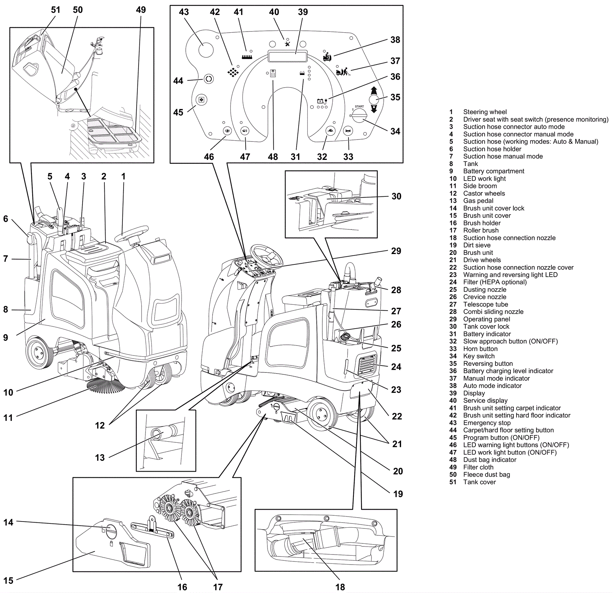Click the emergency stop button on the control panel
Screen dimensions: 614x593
tap(206, 50)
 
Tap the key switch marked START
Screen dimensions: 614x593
tap(359, 115)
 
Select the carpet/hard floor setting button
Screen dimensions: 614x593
tap(208, 79)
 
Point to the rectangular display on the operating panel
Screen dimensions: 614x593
tap(288, 56)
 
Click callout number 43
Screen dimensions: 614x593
tap(184, 12)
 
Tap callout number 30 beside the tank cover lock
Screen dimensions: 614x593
tap(396, 196)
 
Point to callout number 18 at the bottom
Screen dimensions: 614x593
tap(340, 587)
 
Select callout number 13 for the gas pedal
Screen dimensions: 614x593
tap(100, 457)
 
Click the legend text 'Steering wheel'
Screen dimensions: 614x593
tap(485, 112)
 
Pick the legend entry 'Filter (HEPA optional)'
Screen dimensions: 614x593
tap(495, 282)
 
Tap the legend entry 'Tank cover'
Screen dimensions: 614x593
tap(479, 482)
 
